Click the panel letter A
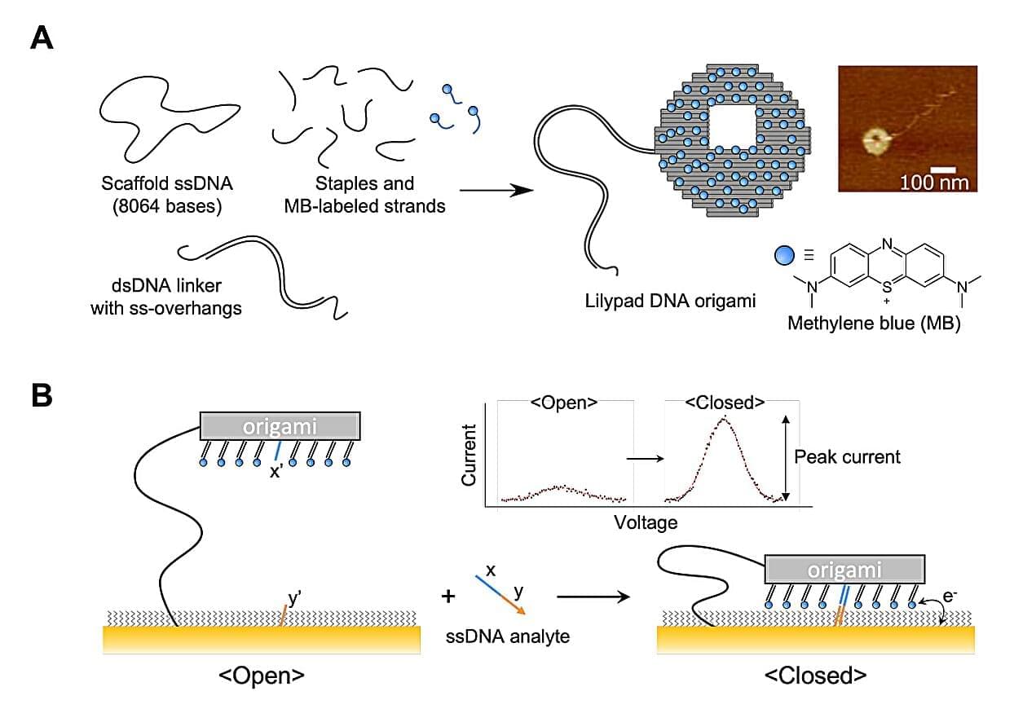point(42,38)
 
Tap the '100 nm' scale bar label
point(934,181)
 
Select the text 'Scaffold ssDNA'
point(160,183)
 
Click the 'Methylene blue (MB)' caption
point(873,323)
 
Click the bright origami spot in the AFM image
point(876,143)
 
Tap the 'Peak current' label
point(848,456)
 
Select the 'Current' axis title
point(469,455)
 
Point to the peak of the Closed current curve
point(723,419)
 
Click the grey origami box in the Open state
point(280,426)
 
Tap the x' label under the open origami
point(276,472)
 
